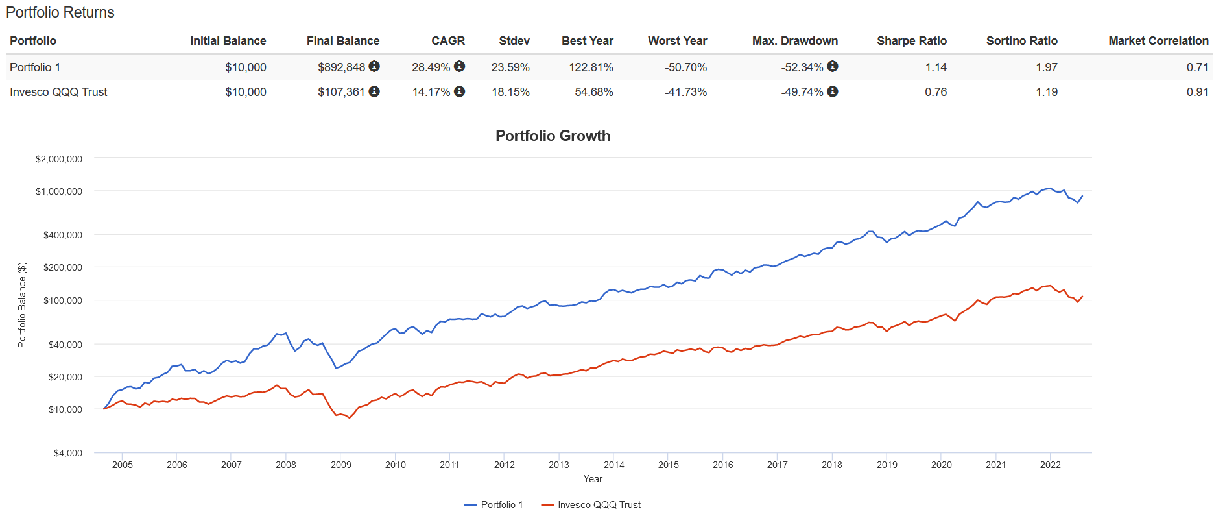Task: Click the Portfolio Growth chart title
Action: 553,136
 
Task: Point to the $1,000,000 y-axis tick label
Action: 59,191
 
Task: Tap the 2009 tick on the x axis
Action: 340,465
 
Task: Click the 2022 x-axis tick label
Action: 1050,465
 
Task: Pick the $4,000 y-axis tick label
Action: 68,453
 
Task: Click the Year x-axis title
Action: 593,479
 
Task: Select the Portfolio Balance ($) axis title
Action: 22,305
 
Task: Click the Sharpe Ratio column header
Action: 911,41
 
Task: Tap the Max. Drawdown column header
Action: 794,41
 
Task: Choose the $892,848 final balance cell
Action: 341,67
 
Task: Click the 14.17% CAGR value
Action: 431,92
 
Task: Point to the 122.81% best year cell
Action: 591,67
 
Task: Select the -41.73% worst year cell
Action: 685,92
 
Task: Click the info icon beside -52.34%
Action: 833,66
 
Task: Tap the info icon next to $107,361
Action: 374,91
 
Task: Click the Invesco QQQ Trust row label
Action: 58,92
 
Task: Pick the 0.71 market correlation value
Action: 1197,67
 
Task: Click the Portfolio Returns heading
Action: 60,12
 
